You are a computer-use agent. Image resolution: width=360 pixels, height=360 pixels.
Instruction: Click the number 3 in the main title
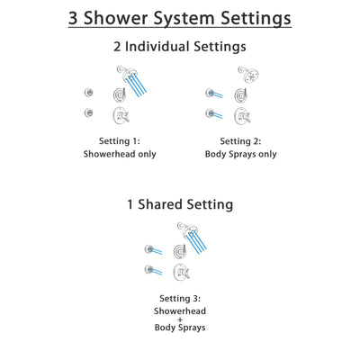point(76,18)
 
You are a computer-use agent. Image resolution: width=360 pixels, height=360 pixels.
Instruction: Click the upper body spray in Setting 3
point(151,247)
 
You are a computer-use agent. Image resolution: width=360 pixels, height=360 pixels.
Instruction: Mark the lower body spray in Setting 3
point(151,269)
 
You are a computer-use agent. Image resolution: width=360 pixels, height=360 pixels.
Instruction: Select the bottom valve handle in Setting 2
point(241,114)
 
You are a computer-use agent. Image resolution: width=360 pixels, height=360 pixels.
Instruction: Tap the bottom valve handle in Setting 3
point(184,270)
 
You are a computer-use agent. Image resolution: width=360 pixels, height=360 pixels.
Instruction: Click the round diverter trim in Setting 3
point(184,249)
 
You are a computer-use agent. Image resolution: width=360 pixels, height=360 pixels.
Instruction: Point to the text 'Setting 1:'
point(120,139)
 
